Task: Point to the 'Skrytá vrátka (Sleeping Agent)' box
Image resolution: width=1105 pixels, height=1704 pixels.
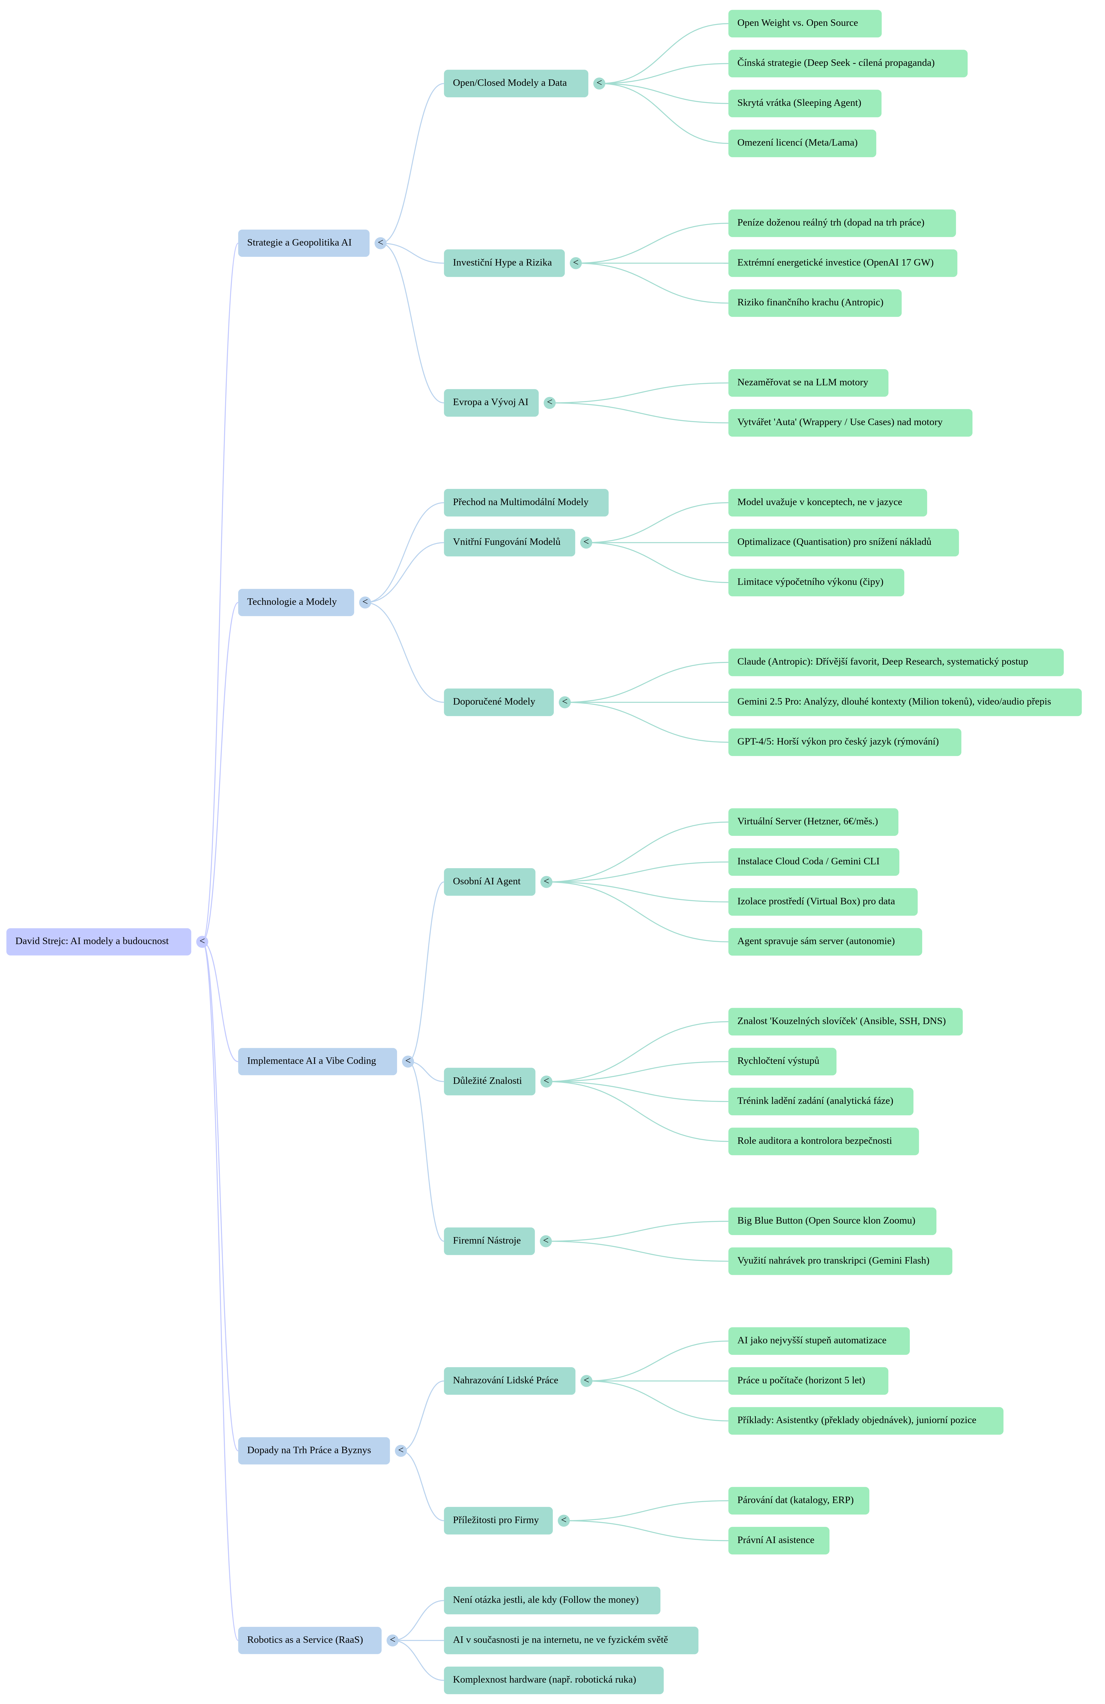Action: click(x=804, y=103)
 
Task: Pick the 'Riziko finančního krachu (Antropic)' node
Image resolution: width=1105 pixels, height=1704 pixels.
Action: click(x=814, y=303)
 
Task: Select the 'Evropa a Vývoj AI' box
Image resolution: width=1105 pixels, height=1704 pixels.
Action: click(x=491, y=402)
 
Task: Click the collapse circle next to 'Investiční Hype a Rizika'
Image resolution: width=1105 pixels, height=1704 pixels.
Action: click(x=576, y=263)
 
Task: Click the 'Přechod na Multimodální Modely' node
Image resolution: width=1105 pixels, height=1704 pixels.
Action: click(x=526, y=503)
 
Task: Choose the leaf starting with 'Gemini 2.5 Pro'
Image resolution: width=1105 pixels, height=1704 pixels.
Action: click(x=905, y=702)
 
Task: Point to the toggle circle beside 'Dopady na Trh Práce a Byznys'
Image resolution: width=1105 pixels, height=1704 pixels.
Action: click(x=401, y=1451)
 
